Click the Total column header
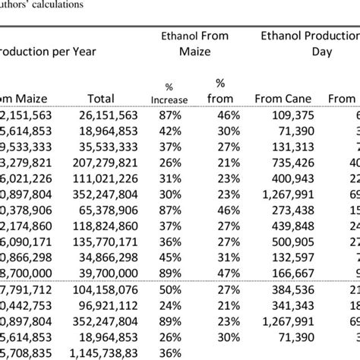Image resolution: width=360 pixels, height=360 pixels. (101, 98)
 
